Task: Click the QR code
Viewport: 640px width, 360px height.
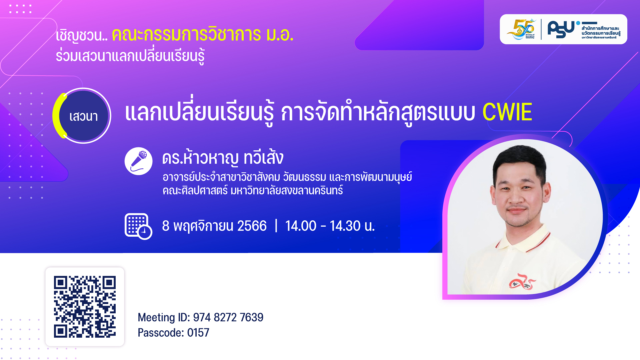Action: click(85, 307)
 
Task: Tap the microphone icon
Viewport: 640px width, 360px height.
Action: click(138, 161)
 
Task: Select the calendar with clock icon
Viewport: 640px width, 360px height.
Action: click(138, 226)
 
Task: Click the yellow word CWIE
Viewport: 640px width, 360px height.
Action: click(507, 112)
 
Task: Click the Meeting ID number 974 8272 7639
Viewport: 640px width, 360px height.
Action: click(228, 317)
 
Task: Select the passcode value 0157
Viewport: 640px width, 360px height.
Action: click(198, 333)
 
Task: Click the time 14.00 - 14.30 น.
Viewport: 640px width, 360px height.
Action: click(330, 226)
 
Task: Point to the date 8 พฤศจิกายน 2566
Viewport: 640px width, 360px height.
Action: click(214, 226)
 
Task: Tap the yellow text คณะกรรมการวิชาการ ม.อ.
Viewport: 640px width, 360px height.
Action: click(202, 35)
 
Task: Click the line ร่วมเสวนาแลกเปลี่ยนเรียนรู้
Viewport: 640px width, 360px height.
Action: click(130, 55)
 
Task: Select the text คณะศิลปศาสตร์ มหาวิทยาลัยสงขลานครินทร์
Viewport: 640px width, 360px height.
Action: click(252, 191)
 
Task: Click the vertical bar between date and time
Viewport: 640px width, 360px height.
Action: click(276, 226)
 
